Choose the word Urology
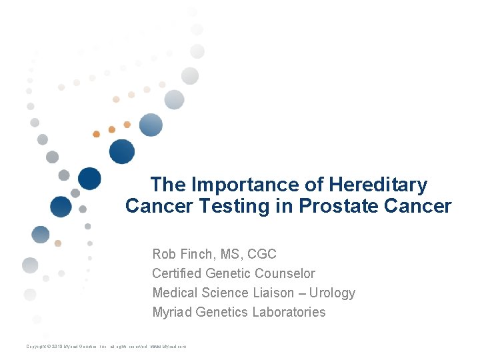pos(333,293)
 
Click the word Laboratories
pos(287,312)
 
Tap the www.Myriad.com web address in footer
pos(168,347)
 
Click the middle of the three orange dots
pos(111,129)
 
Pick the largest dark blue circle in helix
pos(122,151)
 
